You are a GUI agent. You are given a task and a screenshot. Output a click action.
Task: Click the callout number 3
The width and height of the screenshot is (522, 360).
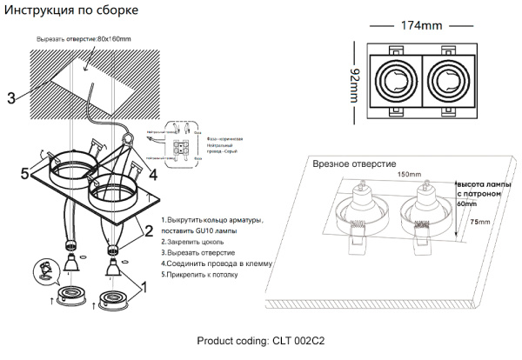11,98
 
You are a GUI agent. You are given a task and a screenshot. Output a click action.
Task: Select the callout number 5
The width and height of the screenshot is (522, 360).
25,172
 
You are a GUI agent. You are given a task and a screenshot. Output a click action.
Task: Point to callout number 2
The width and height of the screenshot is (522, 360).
148,230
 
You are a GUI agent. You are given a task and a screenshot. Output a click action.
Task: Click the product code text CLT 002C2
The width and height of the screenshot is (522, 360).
260,342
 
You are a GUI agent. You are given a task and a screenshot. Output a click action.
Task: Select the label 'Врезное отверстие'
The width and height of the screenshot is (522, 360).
353,163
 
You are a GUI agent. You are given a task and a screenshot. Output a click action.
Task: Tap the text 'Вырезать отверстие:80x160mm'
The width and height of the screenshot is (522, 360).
84,40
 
